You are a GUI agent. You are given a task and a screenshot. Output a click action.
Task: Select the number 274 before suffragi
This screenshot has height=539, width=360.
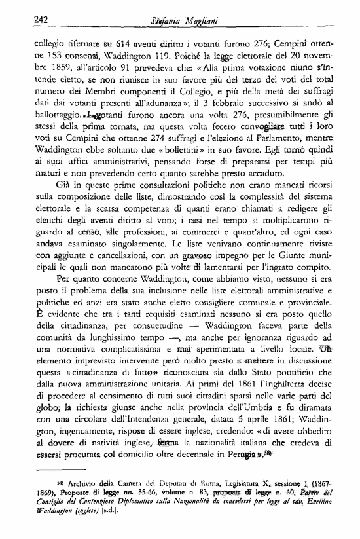pos(170,149)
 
